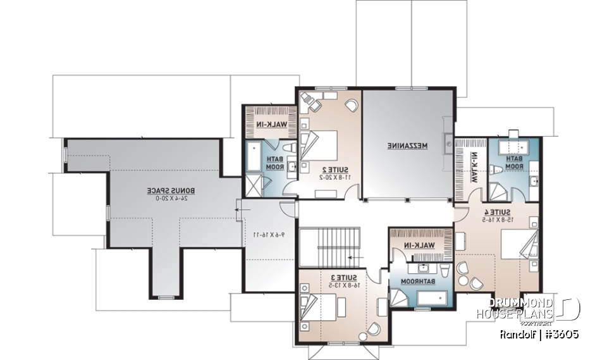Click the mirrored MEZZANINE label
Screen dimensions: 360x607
click(407, 146)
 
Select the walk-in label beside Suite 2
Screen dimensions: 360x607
click(270, 124)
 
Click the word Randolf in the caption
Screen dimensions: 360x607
click(516, 334)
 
